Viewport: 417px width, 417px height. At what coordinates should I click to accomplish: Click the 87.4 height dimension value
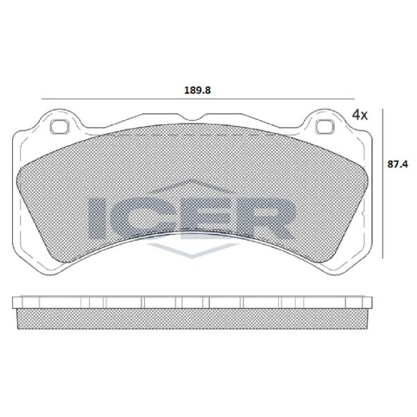point(396,164)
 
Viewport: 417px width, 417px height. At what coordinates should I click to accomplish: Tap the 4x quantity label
point(359,114)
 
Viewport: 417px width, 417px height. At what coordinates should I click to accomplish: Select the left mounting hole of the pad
point(60,127)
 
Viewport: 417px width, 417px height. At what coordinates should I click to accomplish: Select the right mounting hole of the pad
point(323,127)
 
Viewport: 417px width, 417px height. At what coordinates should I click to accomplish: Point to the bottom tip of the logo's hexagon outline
point(188,258)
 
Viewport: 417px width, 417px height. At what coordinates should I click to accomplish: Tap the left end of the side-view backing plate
point(15,303)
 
